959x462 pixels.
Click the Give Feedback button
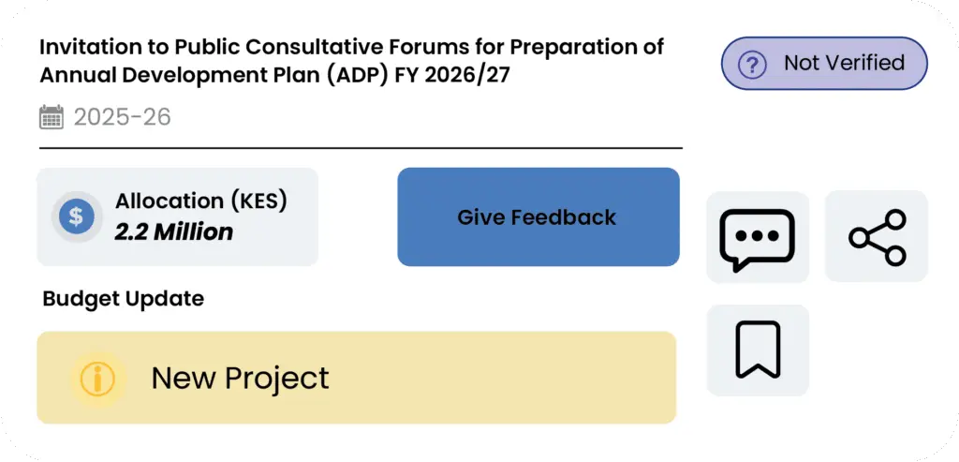[x=539, y=216]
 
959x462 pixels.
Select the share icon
[x=877, y=237]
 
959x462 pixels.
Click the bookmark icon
[x=758, y=350]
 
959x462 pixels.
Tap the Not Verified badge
[x=824, y=63]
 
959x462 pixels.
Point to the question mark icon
[x=752, y=64]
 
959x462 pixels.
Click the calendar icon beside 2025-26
[x=52, y=116]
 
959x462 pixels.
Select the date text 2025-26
[x=123, y=116]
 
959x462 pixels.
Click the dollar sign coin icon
[x=77, y=216]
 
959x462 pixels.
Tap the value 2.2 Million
[x=174, y=231]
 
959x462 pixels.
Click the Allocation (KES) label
[x=201, y=201]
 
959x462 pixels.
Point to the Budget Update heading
[x=124, y=299]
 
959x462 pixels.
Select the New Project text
[x=240, y=378]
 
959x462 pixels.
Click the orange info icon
[x=97, y=379]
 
